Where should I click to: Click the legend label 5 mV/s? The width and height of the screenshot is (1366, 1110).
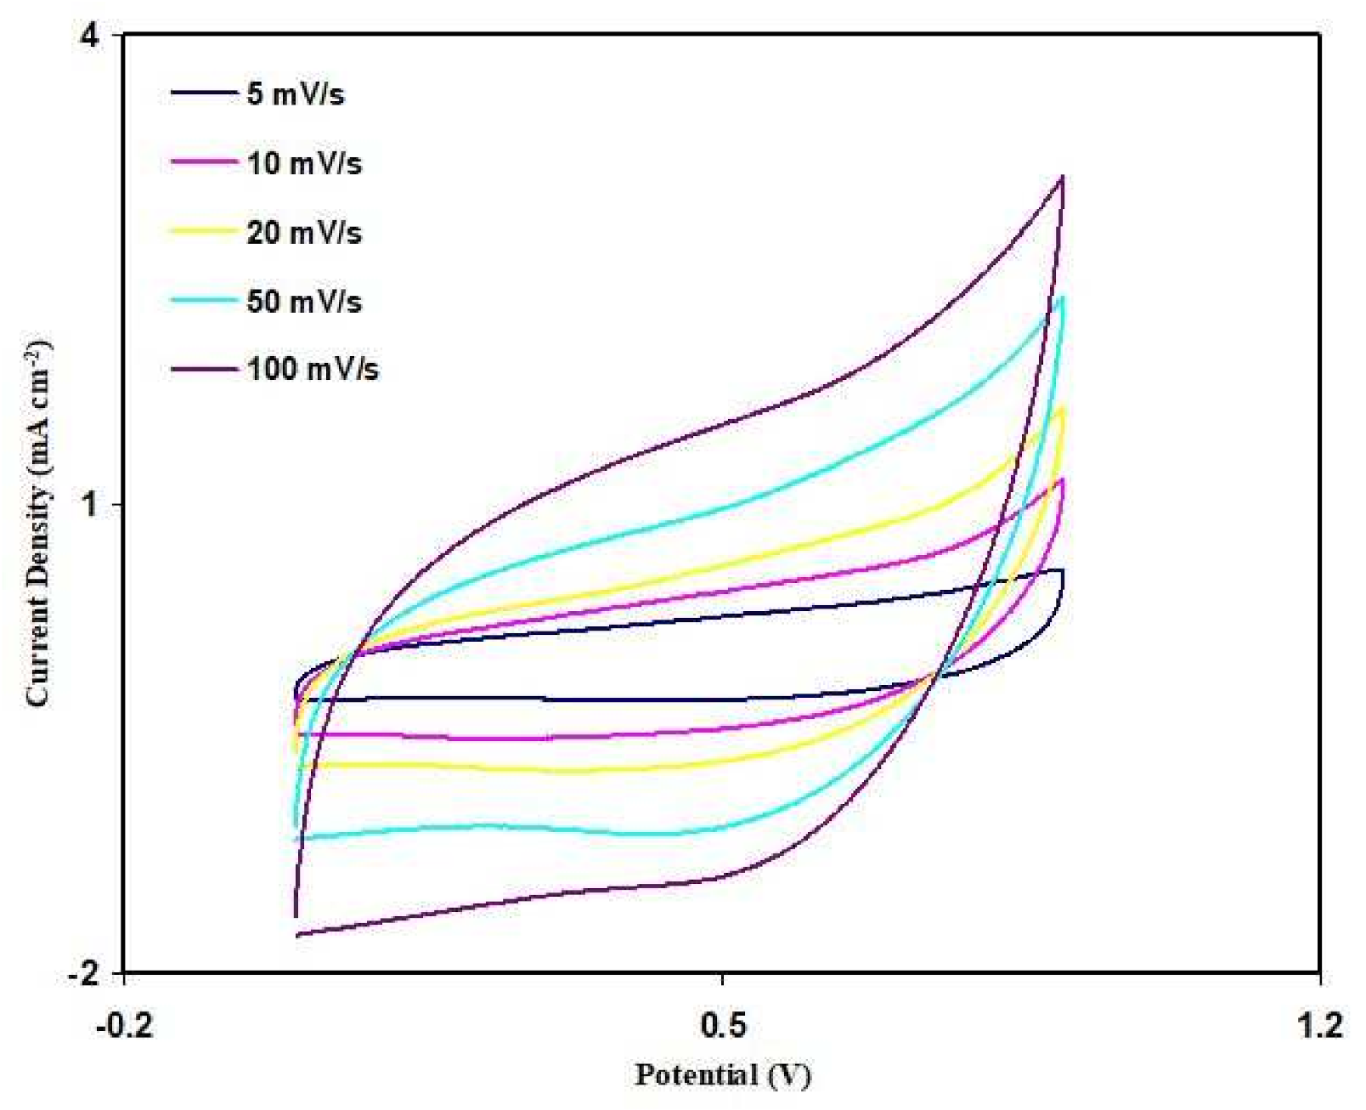pos(295,93)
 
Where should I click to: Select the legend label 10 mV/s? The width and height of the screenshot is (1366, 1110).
pos(304,162)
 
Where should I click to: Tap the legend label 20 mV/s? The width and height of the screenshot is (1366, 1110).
pos(304,232)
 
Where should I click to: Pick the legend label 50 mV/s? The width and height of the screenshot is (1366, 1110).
pos(304,301)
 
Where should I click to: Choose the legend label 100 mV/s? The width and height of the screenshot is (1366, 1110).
pos(313,369)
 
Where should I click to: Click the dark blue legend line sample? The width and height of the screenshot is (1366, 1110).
pos(204,93)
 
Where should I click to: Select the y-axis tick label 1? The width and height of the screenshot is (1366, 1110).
pos(89,505)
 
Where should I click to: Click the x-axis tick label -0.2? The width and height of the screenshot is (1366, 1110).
pos(124,1025)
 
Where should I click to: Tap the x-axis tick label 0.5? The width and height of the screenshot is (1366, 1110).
pos(723,1025)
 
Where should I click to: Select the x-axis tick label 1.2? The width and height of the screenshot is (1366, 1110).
pos(1320,1025)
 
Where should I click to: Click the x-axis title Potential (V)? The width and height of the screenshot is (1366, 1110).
pos(723,1074)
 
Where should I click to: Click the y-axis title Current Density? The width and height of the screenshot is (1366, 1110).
pos(38,523)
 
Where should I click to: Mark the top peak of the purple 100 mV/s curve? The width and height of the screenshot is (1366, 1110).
pos(1062,178)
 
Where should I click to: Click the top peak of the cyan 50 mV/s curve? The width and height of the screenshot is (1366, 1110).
pos(1062,297)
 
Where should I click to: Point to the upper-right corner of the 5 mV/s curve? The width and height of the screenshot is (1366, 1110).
pos(1062,570)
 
